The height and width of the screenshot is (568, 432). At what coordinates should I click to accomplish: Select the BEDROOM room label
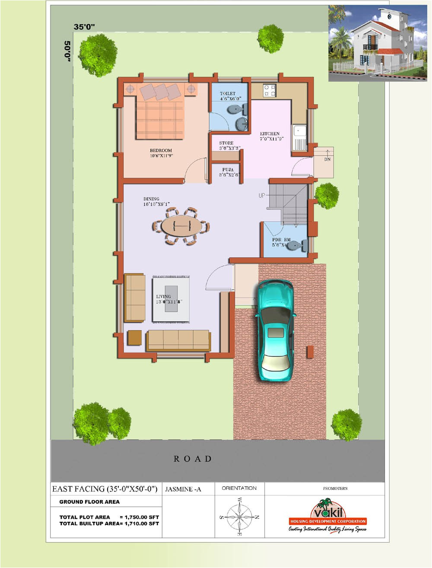coord(161,151)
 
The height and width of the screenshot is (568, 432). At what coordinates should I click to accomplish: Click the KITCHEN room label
coord(270,134)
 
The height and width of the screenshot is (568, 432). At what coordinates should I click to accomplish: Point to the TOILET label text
coord(228,94)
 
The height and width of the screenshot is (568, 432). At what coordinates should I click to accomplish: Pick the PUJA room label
coord(228,170)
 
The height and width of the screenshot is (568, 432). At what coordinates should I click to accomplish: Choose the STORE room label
coord(226,143)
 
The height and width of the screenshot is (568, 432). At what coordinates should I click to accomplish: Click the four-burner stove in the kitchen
coord(270,90)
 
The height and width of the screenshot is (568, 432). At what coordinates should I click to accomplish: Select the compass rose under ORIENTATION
coord(239,517)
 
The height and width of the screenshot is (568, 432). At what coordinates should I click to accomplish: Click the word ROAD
coord(193,459)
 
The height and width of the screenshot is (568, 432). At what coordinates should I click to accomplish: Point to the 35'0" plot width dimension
coord(84,27)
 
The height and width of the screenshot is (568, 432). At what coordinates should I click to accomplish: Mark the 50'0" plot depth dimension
coord(67,51)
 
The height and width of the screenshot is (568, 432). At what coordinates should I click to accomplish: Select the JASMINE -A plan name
coord(183,489)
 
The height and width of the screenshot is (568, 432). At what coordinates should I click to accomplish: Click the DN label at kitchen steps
coord(327,159)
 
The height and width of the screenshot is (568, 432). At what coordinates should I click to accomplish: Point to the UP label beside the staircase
coord(262,196)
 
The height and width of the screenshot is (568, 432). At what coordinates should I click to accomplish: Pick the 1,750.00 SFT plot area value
coord(142,517)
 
